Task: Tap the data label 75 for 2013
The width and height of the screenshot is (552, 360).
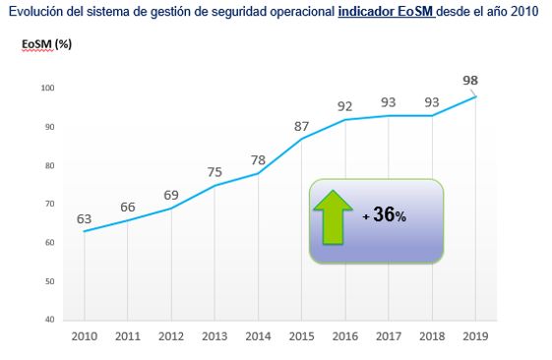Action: (x=215, y=172)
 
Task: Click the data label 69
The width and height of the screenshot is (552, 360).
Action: (x=170, y=195)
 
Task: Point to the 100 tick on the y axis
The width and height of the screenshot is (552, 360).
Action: (x=48, y=89)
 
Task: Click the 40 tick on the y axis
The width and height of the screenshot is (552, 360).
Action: (x=50, y=320)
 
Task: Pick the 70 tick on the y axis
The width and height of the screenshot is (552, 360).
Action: (x=50, y=205)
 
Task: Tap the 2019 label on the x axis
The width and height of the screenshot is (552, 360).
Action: (x=476, y=337)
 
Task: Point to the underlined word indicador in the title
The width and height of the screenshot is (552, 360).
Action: (x=364, y=11)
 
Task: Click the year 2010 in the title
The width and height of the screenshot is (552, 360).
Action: (x=523, y=11)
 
